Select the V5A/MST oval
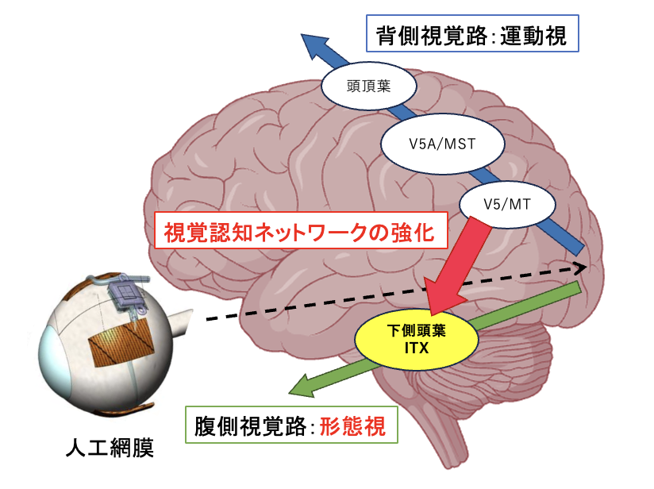click(443, 144)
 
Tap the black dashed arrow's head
click(580, 268)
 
